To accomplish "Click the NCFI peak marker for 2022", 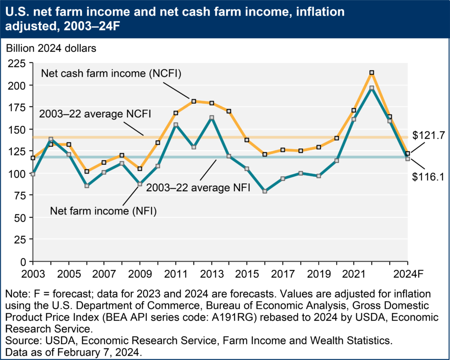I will (x=372, y=73).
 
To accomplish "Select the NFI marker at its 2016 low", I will (x=265, y=191).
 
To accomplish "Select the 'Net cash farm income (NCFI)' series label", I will (x=112, y=73).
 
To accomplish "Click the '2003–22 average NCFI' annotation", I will (x=95, y=114).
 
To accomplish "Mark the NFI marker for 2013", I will (x=211, y=117).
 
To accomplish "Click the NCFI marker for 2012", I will (x=193, y=101).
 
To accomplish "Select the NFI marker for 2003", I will (x=33, y=174).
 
